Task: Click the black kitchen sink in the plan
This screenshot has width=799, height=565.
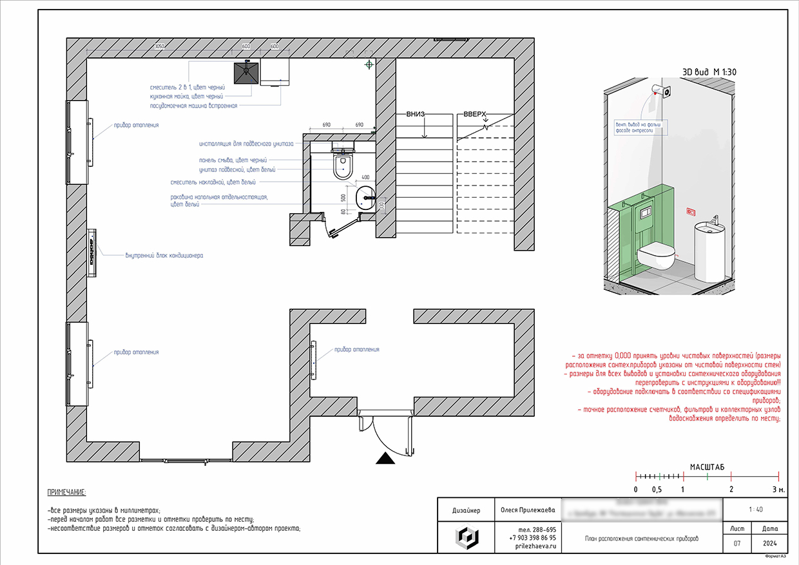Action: click(x=246, y=73)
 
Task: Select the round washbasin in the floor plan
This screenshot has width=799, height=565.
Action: click(x=365, y=196)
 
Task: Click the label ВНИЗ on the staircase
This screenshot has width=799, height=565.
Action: click(x=416, y=115)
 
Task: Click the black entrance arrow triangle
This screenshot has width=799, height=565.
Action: click(x=385, y=458)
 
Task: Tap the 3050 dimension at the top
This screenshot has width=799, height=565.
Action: click(x=160, y=47)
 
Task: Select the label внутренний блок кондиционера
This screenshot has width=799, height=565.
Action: click(x=164, y=256)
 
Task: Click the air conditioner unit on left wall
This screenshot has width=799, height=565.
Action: click(x=92, y=251)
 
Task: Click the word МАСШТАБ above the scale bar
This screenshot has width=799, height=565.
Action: click(x=707, y=466)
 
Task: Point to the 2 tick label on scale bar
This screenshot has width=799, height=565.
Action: click(x=731, y=489)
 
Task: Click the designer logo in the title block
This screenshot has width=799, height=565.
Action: click(x=465, y=537)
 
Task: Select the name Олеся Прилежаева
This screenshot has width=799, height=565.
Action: click(x=528, y=510)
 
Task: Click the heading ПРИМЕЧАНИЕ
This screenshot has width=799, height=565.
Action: click(x=66, y=493)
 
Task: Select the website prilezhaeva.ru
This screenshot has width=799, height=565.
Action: click(x=535, y=546)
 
